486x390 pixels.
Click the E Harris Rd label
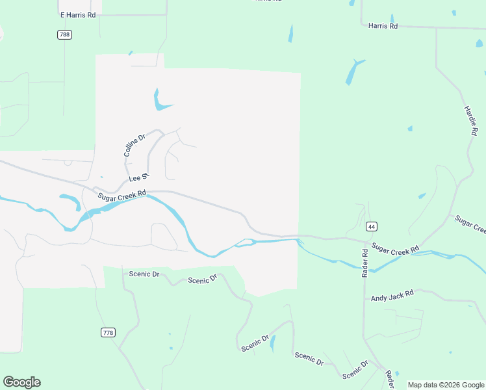77,14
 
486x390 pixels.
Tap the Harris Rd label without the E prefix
382,26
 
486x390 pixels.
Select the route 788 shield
64,34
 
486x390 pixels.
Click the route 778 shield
109,332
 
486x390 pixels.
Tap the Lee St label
139,177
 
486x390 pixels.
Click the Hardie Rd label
470,120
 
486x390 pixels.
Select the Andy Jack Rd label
392,296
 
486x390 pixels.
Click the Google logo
21,382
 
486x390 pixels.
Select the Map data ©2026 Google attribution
446,385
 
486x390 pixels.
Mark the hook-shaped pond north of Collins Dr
159,101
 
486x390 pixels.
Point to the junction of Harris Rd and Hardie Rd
436,29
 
